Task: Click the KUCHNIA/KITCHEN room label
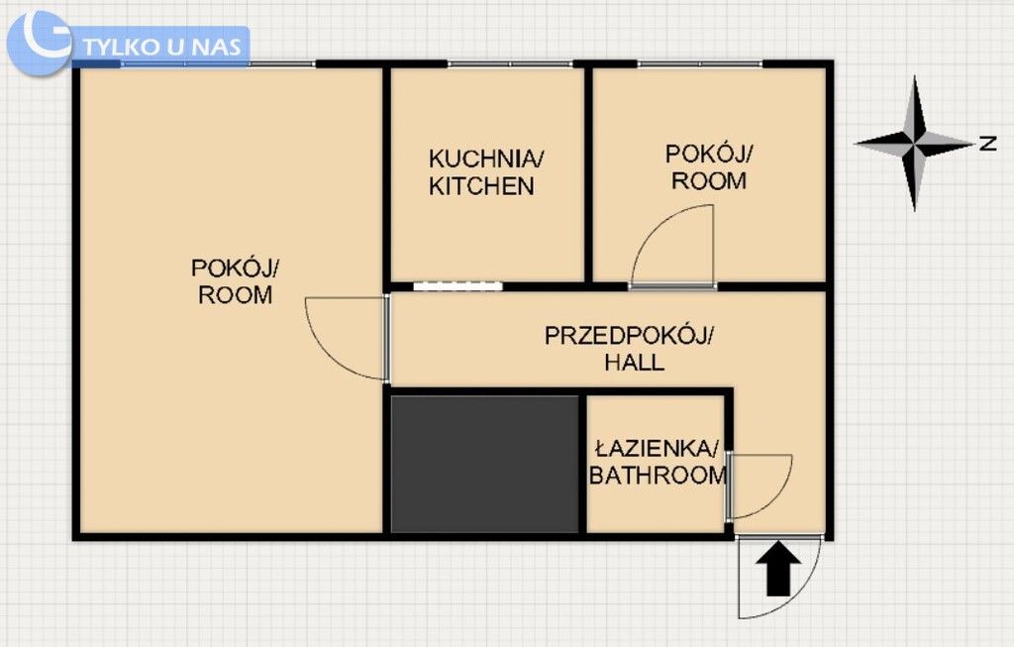pyautogui.click(x=485, y=171)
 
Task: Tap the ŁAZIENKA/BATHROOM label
pyautogui.click(x=658, y=461)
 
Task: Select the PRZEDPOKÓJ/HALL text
pyautogui.click(x=628, y=348)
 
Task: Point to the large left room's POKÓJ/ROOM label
pyautogui.click(x=236, y=280)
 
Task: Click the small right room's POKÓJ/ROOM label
pyautogui.click(x=709, y=166)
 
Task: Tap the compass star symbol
pyautogui.click(x=916, y=145)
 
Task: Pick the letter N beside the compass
pyautogui.click(x=987, y=144)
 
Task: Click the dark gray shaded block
pyautogui.click(x=484, y=463)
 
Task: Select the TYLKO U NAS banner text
pyautogui.click(x=158, y=46)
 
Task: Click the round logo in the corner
pyautogui.click(x=40, y=43)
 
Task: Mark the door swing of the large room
pyautogui.click(x=342, y=337)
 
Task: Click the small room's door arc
pyautogui.click(x=673, y=244)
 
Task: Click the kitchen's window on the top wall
pyautogui.click(x=509, y=64)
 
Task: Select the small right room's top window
pyautogui.click(x=699, y=64)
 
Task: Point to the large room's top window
pyautogui.click(x=218, y=64)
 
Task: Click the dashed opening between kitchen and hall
pyautogui.click(x=457, y=286)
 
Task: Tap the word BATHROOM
pyautogui.click(x=658, y=476)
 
